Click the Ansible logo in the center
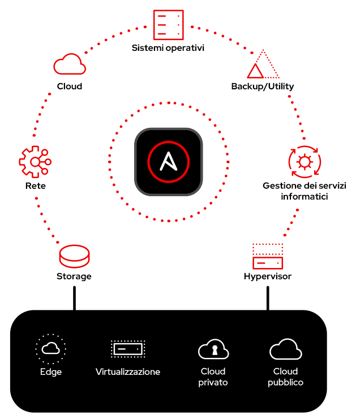168,162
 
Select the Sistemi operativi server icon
168,25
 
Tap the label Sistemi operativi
168,48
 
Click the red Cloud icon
70,66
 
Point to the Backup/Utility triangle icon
263,65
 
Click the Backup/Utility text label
262,86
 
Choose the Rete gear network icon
35,162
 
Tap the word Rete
35,185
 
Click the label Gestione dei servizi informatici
305,191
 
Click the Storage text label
74,276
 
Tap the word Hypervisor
267,276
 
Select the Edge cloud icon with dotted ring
51,348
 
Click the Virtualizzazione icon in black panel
128,349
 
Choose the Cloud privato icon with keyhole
213,350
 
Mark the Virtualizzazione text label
128,371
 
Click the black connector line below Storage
74,298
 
